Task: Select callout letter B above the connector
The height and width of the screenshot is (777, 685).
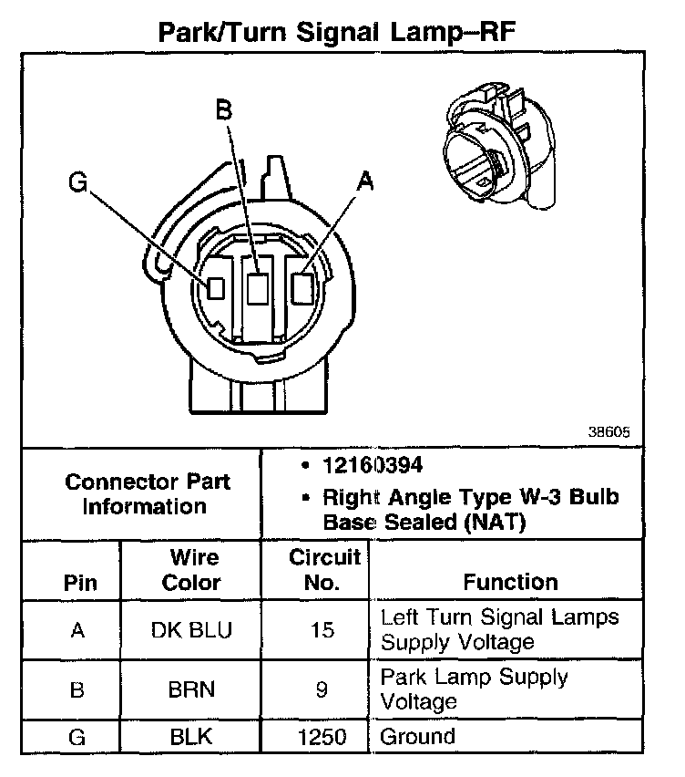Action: coord(223,110)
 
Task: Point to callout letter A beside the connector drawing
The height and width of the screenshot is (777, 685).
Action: coord(365,182)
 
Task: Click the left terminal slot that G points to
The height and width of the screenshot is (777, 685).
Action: coord(216,287)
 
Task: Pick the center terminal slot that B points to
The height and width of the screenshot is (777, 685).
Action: coord(258,287)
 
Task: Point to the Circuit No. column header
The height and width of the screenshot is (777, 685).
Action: coord(323,569)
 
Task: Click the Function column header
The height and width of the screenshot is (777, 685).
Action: coord(510,581)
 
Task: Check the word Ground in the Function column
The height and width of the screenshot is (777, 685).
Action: coord(417,736)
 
